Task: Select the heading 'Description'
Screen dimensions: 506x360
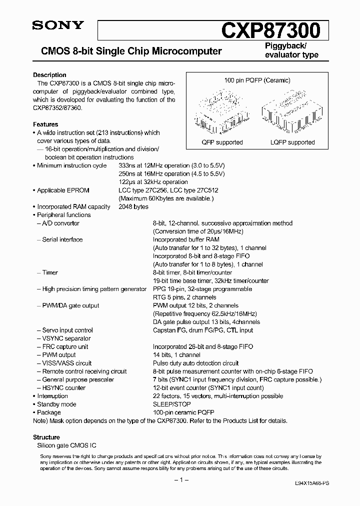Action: (49, 75)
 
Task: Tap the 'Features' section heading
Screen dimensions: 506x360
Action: (45, 124)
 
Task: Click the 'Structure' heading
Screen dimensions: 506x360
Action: (46, 437)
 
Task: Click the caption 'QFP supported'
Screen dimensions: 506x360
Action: (222, 142)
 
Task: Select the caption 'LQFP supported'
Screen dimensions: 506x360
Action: (292, 142)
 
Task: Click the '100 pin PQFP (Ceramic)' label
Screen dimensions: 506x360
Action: (257, 80)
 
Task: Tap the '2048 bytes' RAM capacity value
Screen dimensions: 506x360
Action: (133, 206)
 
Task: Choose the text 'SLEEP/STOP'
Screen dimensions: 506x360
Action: (169, 404)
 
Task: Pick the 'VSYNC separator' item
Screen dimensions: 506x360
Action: (64, 338)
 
